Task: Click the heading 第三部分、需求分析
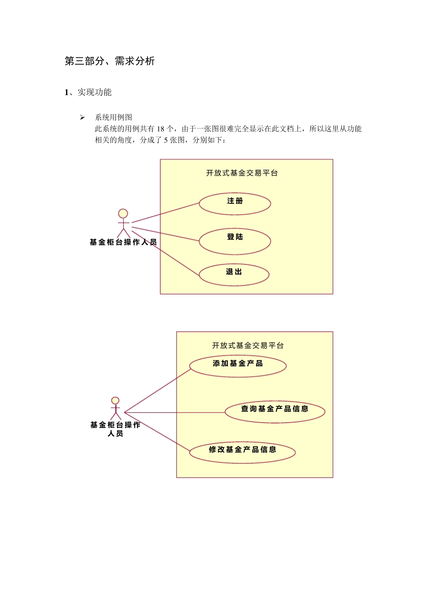[x=110, y=61]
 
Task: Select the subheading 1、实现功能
[x=88, y=92]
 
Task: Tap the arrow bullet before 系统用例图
[x=83, y=118]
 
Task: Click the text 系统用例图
[x=113, y=117]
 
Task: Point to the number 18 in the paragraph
[x=161, y=129]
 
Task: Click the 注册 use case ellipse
[x=235, y=204]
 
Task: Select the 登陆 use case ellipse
[x=235, y=241]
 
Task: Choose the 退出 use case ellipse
[x=234, y=275]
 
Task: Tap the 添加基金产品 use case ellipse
[x=238, y=365]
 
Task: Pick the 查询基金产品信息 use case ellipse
[x=275, y=412]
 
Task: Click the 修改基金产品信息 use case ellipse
[x=242, y=452]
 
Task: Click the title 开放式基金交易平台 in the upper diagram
[x=242, y=173]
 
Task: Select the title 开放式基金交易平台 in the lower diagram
[x=248, y=345]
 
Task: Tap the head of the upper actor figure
[x=123, y=214]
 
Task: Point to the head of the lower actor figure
[x=115, y=400]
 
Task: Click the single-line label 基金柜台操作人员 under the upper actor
[x=123, y=242]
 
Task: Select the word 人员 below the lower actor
[x=115, y=434]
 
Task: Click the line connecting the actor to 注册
[x=166, y=213]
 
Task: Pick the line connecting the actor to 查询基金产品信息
[x=175, y=413]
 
